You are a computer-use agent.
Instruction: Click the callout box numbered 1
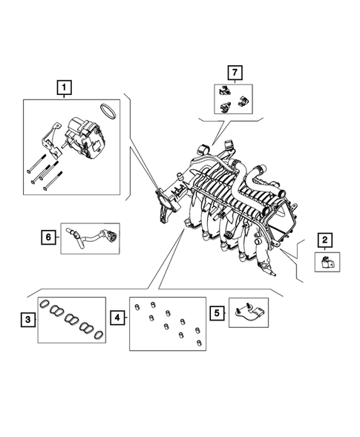64,88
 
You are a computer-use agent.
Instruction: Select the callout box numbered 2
325,240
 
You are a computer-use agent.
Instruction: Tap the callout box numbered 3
28,319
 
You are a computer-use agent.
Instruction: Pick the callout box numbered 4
117,318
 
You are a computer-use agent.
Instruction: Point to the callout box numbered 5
217,313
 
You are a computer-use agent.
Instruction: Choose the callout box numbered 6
48,237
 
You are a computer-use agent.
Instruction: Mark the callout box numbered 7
235,73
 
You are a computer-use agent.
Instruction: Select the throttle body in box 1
84,138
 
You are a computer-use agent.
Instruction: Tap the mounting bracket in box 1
51,139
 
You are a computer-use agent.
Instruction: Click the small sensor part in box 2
327,262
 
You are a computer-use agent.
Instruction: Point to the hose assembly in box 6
92,237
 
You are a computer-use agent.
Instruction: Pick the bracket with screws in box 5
249,312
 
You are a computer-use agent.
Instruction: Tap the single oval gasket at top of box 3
44,303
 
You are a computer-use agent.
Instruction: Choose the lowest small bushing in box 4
199,343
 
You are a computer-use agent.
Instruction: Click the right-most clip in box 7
243,102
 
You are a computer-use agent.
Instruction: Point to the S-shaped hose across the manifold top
239,184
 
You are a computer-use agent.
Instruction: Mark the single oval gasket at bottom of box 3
99,335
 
